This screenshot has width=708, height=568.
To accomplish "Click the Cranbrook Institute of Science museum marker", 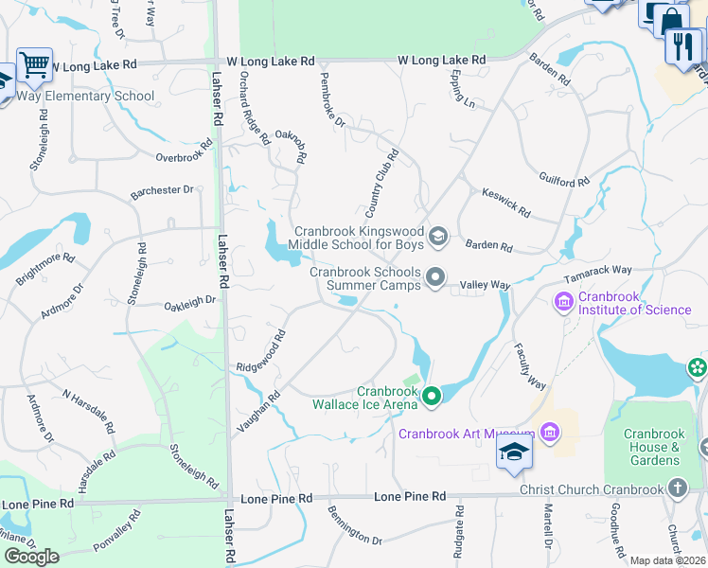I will pyautogui.click(x=563, y=302).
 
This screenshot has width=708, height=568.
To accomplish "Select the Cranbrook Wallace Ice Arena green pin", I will pyautogui.click(x=432, y=396).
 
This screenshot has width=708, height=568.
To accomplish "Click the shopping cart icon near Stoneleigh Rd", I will pyautogui.click(x=34, y=64).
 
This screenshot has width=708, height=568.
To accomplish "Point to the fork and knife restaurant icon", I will pyautogui.click(x=682, y=44).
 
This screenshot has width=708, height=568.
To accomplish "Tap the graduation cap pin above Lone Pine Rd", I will pyautogui.click(x=514, y=451).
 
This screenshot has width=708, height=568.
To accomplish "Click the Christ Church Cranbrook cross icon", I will pyautogui.click(x=677, y=487).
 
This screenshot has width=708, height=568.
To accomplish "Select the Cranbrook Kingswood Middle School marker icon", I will pyautogui.click(x=437, y=236).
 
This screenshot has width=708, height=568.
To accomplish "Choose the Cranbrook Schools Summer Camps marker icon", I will pyautogui.click(x=435, y=277).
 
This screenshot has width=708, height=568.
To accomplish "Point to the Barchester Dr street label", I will pyautogui.click(x=162, y=190).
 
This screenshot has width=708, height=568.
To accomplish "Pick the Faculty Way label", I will pyautogui.click(x=529, y=367).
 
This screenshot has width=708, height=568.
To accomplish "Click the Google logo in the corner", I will pyautogui.click(x=32, y=557).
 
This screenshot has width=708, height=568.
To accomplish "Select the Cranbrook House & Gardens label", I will pyautogui.click(x=653, y=447).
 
